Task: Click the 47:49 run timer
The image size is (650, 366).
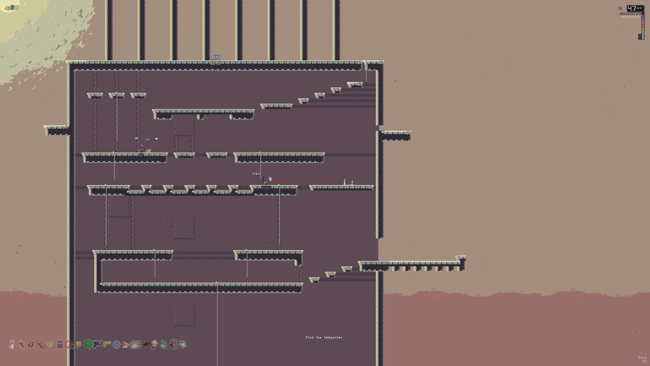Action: [635, 8]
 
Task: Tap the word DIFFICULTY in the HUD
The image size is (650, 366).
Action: [630, 14]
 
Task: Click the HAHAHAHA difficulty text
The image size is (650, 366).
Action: [630, 17]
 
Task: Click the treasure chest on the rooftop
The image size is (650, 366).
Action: [216, 57]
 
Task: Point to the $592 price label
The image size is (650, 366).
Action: [215, 64]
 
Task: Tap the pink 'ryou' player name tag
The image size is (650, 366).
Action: [266, 188]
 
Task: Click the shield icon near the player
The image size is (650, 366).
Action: [270, 179]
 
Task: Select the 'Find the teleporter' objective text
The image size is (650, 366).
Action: [324, 338]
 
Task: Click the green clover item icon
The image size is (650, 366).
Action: [88, 344]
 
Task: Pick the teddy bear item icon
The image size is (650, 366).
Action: [173, 344]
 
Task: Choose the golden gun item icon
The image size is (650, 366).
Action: [107, 344]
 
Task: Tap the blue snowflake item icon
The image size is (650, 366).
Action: [116, 345]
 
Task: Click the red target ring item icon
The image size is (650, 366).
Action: [69, 345]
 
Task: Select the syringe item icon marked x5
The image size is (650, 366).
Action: [12, 345]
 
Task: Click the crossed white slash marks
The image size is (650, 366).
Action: [148, 151]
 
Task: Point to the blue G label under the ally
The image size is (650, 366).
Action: [141, 156]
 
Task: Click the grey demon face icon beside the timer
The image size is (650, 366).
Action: [621, 8]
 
